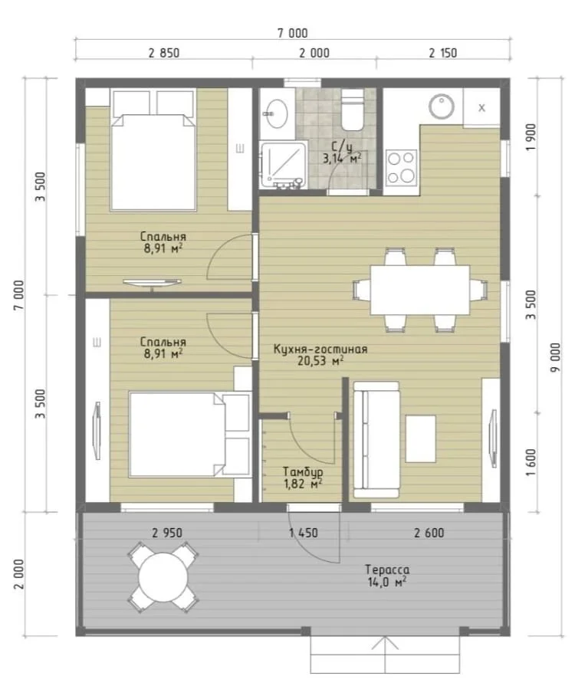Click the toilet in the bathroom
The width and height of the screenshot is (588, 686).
[x=352, y=110]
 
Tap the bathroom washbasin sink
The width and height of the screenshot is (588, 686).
[x=277, y=113]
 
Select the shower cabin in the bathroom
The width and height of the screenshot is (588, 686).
[x=283, y=165]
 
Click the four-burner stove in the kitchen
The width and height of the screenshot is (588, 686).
[x=401, y=166]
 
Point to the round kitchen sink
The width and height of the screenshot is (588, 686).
[x=442, y=107]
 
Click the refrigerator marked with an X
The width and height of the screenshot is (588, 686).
[x=481, y=107]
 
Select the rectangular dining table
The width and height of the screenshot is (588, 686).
[x=420, y=290]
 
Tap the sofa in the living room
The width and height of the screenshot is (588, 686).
[x=376, y=440]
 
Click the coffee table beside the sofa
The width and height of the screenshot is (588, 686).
[x=420, y=439]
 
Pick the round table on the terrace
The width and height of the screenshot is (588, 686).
[x=163, y=576]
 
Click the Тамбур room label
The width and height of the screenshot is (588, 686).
[x=303, y=471]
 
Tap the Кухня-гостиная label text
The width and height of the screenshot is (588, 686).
[x=320, y=349]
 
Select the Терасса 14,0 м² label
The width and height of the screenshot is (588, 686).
[x=387, y=576]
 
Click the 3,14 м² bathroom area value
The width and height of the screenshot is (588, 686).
[x=342, y=158]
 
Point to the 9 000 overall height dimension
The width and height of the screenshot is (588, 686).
[x=555, y=357]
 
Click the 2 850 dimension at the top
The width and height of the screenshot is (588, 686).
[x=163, y=53]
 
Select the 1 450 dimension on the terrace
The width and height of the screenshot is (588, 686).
[x=303, y=533]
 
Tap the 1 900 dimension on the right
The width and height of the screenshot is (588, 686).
[x=531, y=137]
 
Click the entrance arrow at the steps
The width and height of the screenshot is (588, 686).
[x=386, y=655]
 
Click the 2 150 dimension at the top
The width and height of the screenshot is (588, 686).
[x=443, y=53]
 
